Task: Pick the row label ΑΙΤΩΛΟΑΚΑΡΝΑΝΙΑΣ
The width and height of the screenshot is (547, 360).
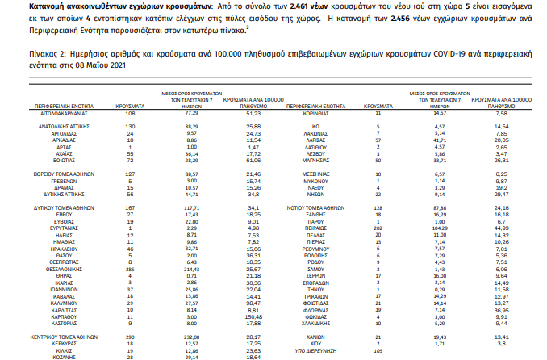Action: click(x=62, y=115)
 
